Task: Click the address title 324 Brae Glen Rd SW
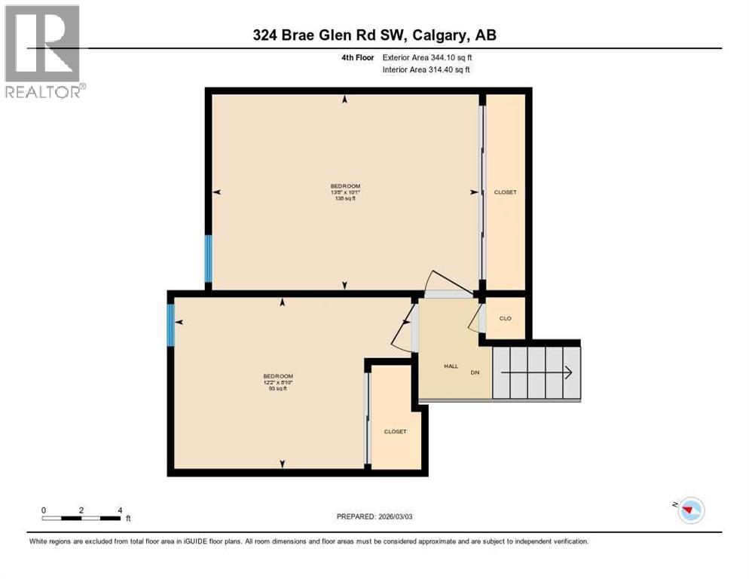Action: [x=374, y=35]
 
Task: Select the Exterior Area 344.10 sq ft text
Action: [x=427, y=57]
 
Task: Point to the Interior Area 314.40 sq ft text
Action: [x=426, y=70]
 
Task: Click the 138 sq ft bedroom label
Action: [x=345, y=192]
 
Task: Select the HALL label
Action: [x=451, y=366]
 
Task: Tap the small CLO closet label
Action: [x=505, y=318]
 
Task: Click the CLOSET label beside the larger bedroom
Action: [x=505, y=192]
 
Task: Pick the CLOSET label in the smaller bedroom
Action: [x=395, y=432]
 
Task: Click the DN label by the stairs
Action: [x=475, y=372]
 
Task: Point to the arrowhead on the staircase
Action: [x=569, y=372]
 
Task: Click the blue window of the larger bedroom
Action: [x=209, y=258]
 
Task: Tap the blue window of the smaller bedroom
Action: [x=171, y=325]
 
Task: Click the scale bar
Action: [x=81, y=518]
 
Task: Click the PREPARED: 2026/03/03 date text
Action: [x=374, y=516]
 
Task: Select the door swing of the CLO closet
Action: [x=475, y=320]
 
